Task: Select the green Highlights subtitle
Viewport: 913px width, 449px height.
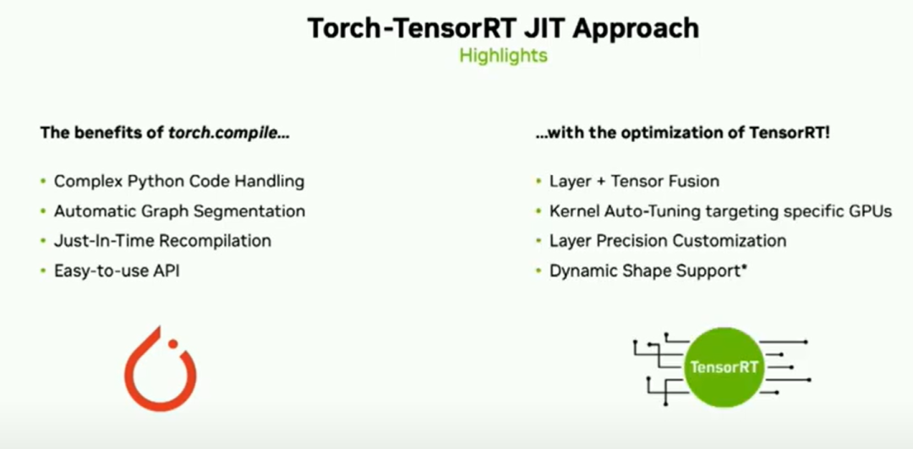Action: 503,55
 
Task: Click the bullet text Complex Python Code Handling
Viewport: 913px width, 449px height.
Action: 179,182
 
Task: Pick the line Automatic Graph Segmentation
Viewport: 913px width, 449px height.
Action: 179,211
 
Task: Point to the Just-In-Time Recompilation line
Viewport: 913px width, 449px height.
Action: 162,240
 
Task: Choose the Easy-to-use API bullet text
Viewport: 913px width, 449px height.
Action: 117,271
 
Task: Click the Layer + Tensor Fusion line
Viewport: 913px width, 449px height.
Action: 634,181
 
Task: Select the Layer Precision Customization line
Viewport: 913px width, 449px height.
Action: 668,240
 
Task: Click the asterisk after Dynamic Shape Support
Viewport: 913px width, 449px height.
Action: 744,268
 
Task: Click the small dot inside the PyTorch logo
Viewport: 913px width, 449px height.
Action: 172,344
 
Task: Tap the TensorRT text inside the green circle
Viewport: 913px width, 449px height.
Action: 724,368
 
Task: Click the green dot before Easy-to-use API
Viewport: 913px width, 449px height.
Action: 42,271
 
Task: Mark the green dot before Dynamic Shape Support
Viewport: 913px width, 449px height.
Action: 539,271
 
